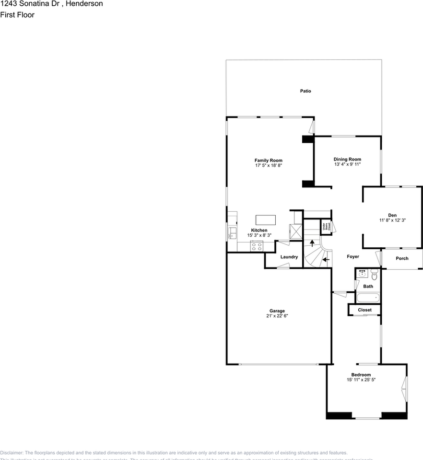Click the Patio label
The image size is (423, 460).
pyautogui.click(x=305, y=91)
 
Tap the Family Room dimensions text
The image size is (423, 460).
pyautogui.click(x=269, y=166)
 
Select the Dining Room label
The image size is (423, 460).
pyautogui.click(x=347, y=159)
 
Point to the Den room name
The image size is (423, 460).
pyautogui.click(x=393, y=215)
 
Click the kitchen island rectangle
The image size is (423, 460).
pyautogui.click(x=266, y=219)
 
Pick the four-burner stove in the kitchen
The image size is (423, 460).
pyautogui.click(x=257, y=247)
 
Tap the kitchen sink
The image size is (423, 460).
pyautogui.click(x=233, y=233)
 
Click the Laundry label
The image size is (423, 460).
pyautogui.click(x=289, y=257)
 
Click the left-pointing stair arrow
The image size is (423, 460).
pyautogui.click(x=326, y=260)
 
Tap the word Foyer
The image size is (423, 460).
pyautogui.click(x=353, y=257)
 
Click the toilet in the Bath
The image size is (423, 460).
pyautogui.click(x=374, y=275)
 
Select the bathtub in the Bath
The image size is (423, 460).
pyautogui.click(x=367, y=298)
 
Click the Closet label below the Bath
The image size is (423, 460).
pyautogui.click(x=364, y=310)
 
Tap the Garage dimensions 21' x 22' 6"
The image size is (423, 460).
pyautogui.click(x=277, y=316)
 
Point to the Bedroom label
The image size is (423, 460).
pyautogui.click(x=361, y=375)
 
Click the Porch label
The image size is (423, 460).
pyautogui.click(x=402, y=259)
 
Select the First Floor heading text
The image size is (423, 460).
pyautogui.click(x=17, y=15)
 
